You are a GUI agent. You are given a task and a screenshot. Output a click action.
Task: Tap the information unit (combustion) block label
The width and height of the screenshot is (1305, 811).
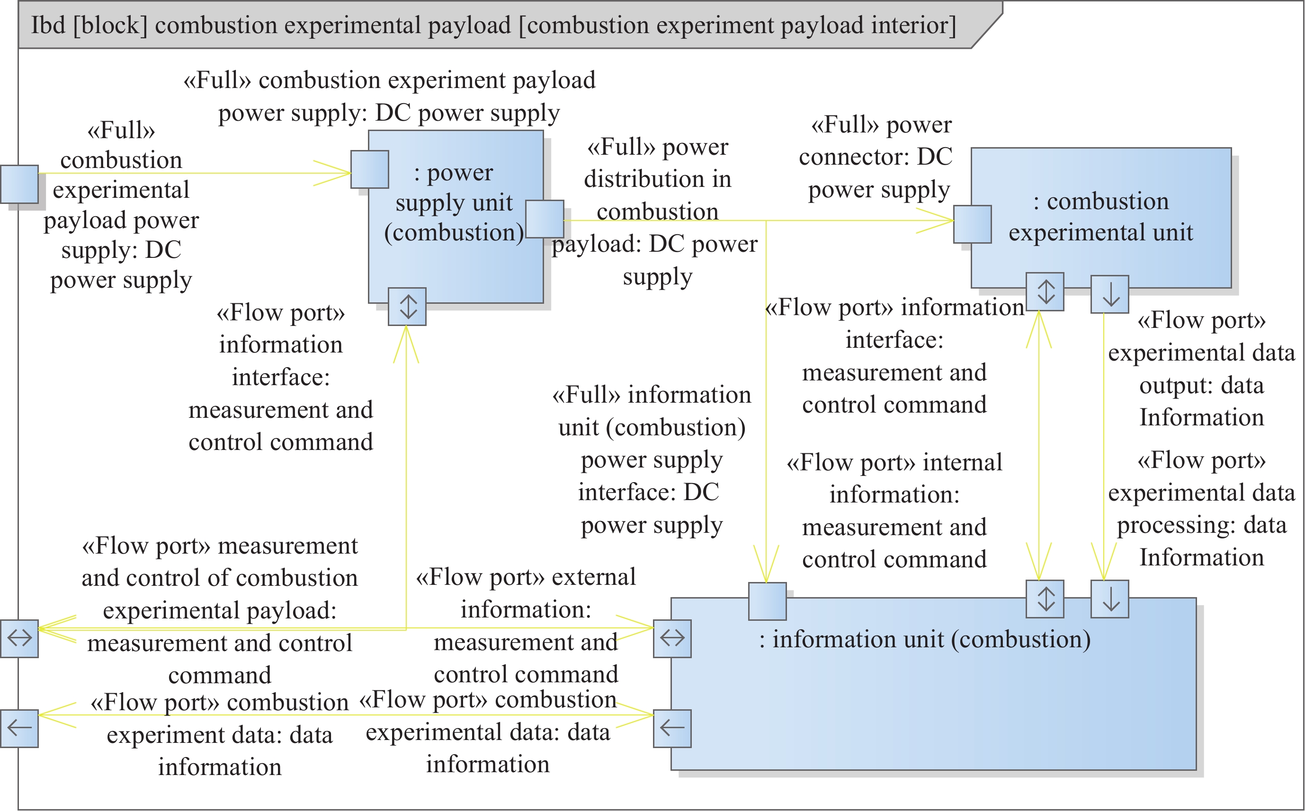coord(925,640)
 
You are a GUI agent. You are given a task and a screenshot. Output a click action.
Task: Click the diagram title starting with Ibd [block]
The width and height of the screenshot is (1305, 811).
coord(494,25)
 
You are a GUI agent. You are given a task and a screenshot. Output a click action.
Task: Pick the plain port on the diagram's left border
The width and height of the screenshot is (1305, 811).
coord(19,184)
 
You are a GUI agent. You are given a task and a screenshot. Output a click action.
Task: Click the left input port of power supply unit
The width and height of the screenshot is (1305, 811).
coord(370,169)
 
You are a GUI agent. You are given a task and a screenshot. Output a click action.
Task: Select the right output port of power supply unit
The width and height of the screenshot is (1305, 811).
coord(545,219)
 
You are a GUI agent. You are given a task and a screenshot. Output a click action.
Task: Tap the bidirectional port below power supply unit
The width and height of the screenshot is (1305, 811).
coord(407,307)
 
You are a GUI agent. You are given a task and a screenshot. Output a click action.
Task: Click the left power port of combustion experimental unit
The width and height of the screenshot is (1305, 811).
coord(972,224)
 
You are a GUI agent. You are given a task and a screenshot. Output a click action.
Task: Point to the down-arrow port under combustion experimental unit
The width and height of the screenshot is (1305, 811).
coord(1110,294)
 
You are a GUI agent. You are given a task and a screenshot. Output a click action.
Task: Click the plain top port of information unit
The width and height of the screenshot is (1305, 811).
coord(768,601)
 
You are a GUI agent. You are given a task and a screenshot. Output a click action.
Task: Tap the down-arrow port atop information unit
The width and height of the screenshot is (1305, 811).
coord(1110,599)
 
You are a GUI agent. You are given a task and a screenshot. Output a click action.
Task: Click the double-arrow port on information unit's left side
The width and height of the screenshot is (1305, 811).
coord(672,639)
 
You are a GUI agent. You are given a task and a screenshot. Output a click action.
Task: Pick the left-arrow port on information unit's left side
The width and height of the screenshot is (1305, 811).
coord(672,728)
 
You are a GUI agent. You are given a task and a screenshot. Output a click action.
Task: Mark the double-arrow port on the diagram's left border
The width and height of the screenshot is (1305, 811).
coord(19,639)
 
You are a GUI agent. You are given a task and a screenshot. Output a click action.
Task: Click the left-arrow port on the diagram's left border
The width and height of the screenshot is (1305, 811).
coord(19,728)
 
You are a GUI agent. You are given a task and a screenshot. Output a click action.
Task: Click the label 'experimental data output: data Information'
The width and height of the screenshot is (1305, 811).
coord(1201,369)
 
